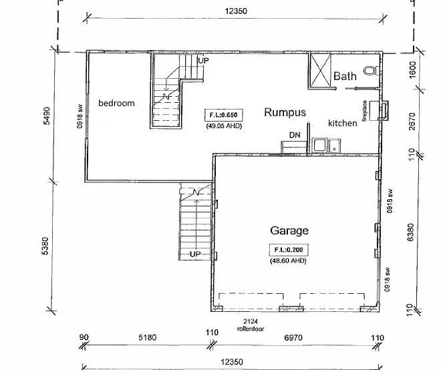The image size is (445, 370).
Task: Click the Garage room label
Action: (x=289, y=230)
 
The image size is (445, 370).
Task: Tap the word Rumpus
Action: (x=285, y=112)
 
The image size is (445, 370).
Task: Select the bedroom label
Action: (x=116, y=103)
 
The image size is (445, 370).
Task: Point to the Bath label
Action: (x=345, y=76)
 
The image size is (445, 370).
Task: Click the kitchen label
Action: (x=343, y=123)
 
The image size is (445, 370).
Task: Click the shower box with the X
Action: (x=321, y=70)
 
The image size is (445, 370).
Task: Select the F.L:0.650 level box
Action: (x=224, y=115)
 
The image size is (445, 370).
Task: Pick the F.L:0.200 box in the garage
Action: (x=289, y=250)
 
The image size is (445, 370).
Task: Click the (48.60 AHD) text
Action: (x=288, y=260)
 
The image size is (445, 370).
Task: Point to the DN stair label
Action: (x=295, y=135)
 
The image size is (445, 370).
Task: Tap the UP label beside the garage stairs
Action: (x=195, y=254)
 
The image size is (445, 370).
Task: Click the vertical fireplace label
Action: (x=365, y=111)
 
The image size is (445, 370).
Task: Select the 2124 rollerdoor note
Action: (x=251, y=325)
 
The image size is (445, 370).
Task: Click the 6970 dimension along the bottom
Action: (x=293, y=338)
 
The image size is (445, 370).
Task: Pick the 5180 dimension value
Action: (x=147, y=337)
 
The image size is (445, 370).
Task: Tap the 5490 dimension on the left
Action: (x=47, y=116)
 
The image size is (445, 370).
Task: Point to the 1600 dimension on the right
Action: (x=413, y=70)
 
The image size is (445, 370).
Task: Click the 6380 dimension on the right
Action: (x=411, y=232)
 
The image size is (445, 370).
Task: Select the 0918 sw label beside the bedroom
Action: (x=80, y=116)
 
